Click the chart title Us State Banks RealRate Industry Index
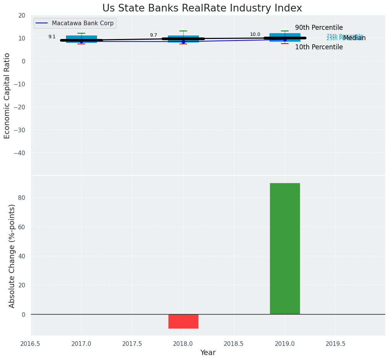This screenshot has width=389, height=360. coord(202,8)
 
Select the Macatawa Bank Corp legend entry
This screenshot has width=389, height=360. coord(82,23)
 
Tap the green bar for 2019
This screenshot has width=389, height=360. coord(285,248)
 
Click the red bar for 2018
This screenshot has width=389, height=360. coord(183,321)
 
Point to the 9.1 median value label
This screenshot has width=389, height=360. coord(52,37)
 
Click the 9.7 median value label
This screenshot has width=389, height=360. coord(153,35)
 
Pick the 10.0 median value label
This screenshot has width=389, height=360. coord(255,35)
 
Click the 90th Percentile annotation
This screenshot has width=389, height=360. coord(319,28)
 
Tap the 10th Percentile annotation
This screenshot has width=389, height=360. coord(319,47)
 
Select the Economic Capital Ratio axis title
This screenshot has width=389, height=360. coord(7,96)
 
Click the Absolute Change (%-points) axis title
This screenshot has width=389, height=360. coord(12,256)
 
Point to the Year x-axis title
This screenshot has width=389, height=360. coord(208,353)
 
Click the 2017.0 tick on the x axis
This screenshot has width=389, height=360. coord(81,344)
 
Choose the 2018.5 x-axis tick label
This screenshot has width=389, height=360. coord(234,344)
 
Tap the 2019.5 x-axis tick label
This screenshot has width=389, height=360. coord(336,344)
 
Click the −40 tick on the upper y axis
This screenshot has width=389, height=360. coord(19,153)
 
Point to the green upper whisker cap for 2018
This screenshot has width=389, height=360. coord(183,31)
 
